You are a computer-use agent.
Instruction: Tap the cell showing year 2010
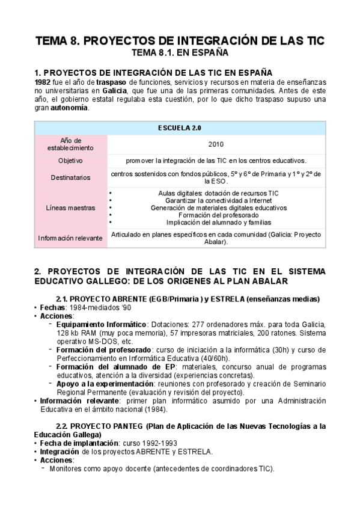tap(216, 144)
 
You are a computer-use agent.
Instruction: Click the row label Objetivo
tap(71, 161)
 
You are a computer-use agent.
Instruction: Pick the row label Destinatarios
tap(71, 177)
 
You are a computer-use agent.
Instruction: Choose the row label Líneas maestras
tap(71, 207)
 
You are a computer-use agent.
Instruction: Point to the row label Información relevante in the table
tap(71, 238)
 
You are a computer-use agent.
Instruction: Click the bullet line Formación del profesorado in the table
tap(215, 215)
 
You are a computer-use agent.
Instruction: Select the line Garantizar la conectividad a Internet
tap(215, 200)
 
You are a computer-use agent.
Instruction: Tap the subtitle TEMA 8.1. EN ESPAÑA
tap(180, 53)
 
